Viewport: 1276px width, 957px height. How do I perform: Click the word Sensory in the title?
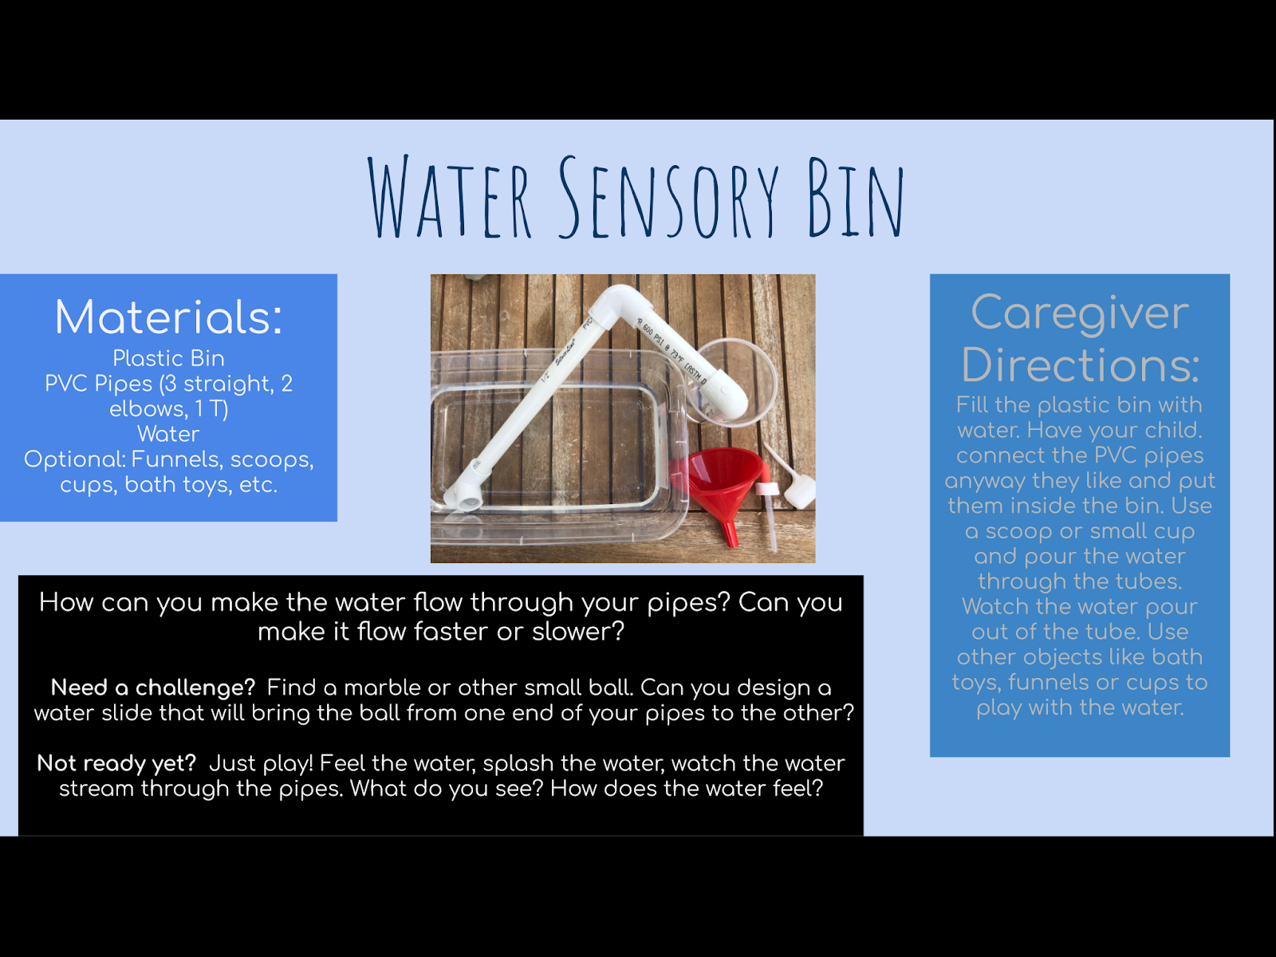668,198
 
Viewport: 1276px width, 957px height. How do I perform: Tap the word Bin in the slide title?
856,198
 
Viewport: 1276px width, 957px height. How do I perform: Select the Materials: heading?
168,317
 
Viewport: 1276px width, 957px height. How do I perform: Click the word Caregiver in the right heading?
1080,313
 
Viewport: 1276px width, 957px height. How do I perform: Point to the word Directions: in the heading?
1080,364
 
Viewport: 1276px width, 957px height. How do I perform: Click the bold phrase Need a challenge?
152,687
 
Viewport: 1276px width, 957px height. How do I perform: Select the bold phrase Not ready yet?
116,763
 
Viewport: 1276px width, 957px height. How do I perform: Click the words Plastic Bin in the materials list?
168,358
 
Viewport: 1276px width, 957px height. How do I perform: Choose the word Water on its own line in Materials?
168,434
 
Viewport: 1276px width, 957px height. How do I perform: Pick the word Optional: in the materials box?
75,459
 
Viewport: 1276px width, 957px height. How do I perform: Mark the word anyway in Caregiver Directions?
985,481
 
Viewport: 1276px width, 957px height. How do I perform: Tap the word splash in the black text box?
519,763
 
